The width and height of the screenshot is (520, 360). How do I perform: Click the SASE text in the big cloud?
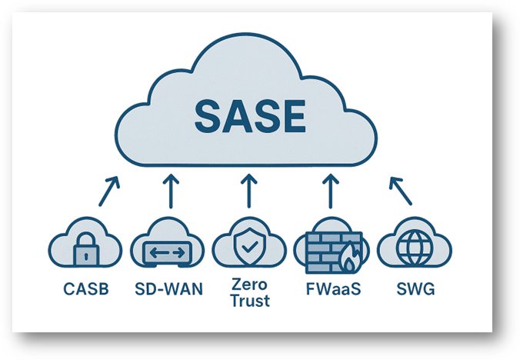(250, 116)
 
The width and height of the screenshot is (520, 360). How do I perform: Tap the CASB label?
(86, 289)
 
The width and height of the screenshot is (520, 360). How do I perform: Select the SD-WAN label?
(168, 289)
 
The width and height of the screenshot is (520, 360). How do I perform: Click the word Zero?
(249, 285)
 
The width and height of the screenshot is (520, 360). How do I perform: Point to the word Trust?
(250, 301)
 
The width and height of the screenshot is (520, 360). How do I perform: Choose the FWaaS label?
(333, 289)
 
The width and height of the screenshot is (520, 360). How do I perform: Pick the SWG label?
(416, 289)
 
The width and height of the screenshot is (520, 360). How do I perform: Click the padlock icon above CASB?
(86, 249)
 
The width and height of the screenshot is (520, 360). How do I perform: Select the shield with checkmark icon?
(250, 245)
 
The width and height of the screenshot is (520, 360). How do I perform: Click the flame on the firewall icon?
(348, 258)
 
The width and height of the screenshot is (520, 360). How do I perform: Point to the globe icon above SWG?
(415, 248)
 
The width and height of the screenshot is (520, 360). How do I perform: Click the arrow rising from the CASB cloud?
(108, 192)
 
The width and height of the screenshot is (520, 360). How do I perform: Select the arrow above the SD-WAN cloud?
(171, 192)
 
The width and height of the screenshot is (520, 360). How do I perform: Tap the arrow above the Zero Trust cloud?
(249, 192)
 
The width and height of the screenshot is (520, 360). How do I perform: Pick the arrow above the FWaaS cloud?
(330, 192)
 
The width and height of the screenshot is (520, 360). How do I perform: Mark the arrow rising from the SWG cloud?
(401, 192)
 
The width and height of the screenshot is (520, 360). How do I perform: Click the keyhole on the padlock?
(86, 256)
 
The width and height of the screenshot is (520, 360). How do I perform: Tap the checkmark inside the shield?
(250, 246)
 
